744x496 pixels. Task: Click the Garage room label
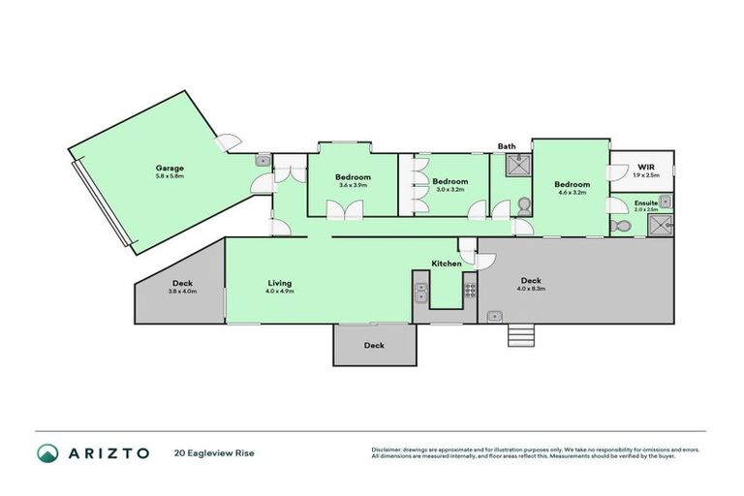click(x=170, y=168)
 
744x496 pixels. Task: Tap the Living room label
click(x=280, y=283)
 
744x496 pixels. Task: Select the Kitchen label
click(x=447, y=263)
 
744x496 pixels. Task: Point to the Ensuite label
click(x=645, y=202)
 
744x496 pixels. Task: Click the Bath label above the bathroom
click(x=507, y=146)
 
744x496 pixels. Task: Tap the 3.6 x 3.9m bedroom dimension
click(x=354, y=185)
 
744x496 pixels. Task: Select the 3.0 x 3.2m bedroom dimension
click(x=449, y=190)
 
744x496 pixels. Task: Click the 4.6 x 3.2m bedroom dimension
click(x=572, y=192)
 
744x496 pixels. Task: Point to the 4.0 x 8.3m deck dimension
click(x=531, y=288)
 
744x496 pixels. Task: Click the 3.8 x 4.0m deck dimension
click(x=182, y=291)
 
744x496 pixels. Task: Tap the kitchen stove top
click(x=470, y=288)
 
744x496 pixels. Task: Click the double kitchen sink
click(x=421, y=288)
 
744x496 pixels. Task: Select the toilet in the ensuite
click(x=622, y=226)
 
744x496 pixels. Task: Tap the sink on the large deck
click(x=495, y=315)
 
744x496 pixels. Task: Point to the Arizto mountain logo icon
click(x=47, y=452)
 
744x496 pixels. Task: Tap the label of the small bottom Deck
click(x=374, y=345)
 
